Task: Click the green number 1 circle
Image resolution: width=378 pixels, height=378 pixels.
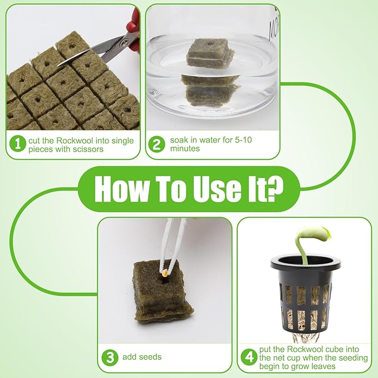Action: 18,144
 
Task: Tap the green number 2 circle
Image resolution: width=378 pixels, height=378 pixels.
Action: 156,144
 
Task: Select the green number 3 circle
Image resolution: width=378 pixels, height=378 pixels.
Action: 110,357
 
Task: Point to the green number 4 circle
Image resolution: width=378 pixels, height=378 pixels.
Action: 249,357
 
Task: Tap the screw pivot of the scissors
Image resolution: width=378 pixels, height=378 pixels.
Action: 124,43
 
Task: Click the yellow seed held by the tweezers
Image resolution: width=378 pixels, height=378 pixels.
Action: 165,273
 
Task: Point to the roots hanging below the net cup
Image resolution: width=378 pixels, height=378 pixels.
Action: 306,337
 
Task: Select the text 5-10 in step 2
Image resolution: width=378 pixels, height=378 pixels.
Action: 243,140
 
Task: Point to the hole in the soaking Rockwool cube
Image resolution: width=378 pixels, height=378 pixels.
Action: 210,44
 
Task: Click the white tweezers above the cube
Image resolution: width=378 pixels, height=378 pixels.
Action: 171,244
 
